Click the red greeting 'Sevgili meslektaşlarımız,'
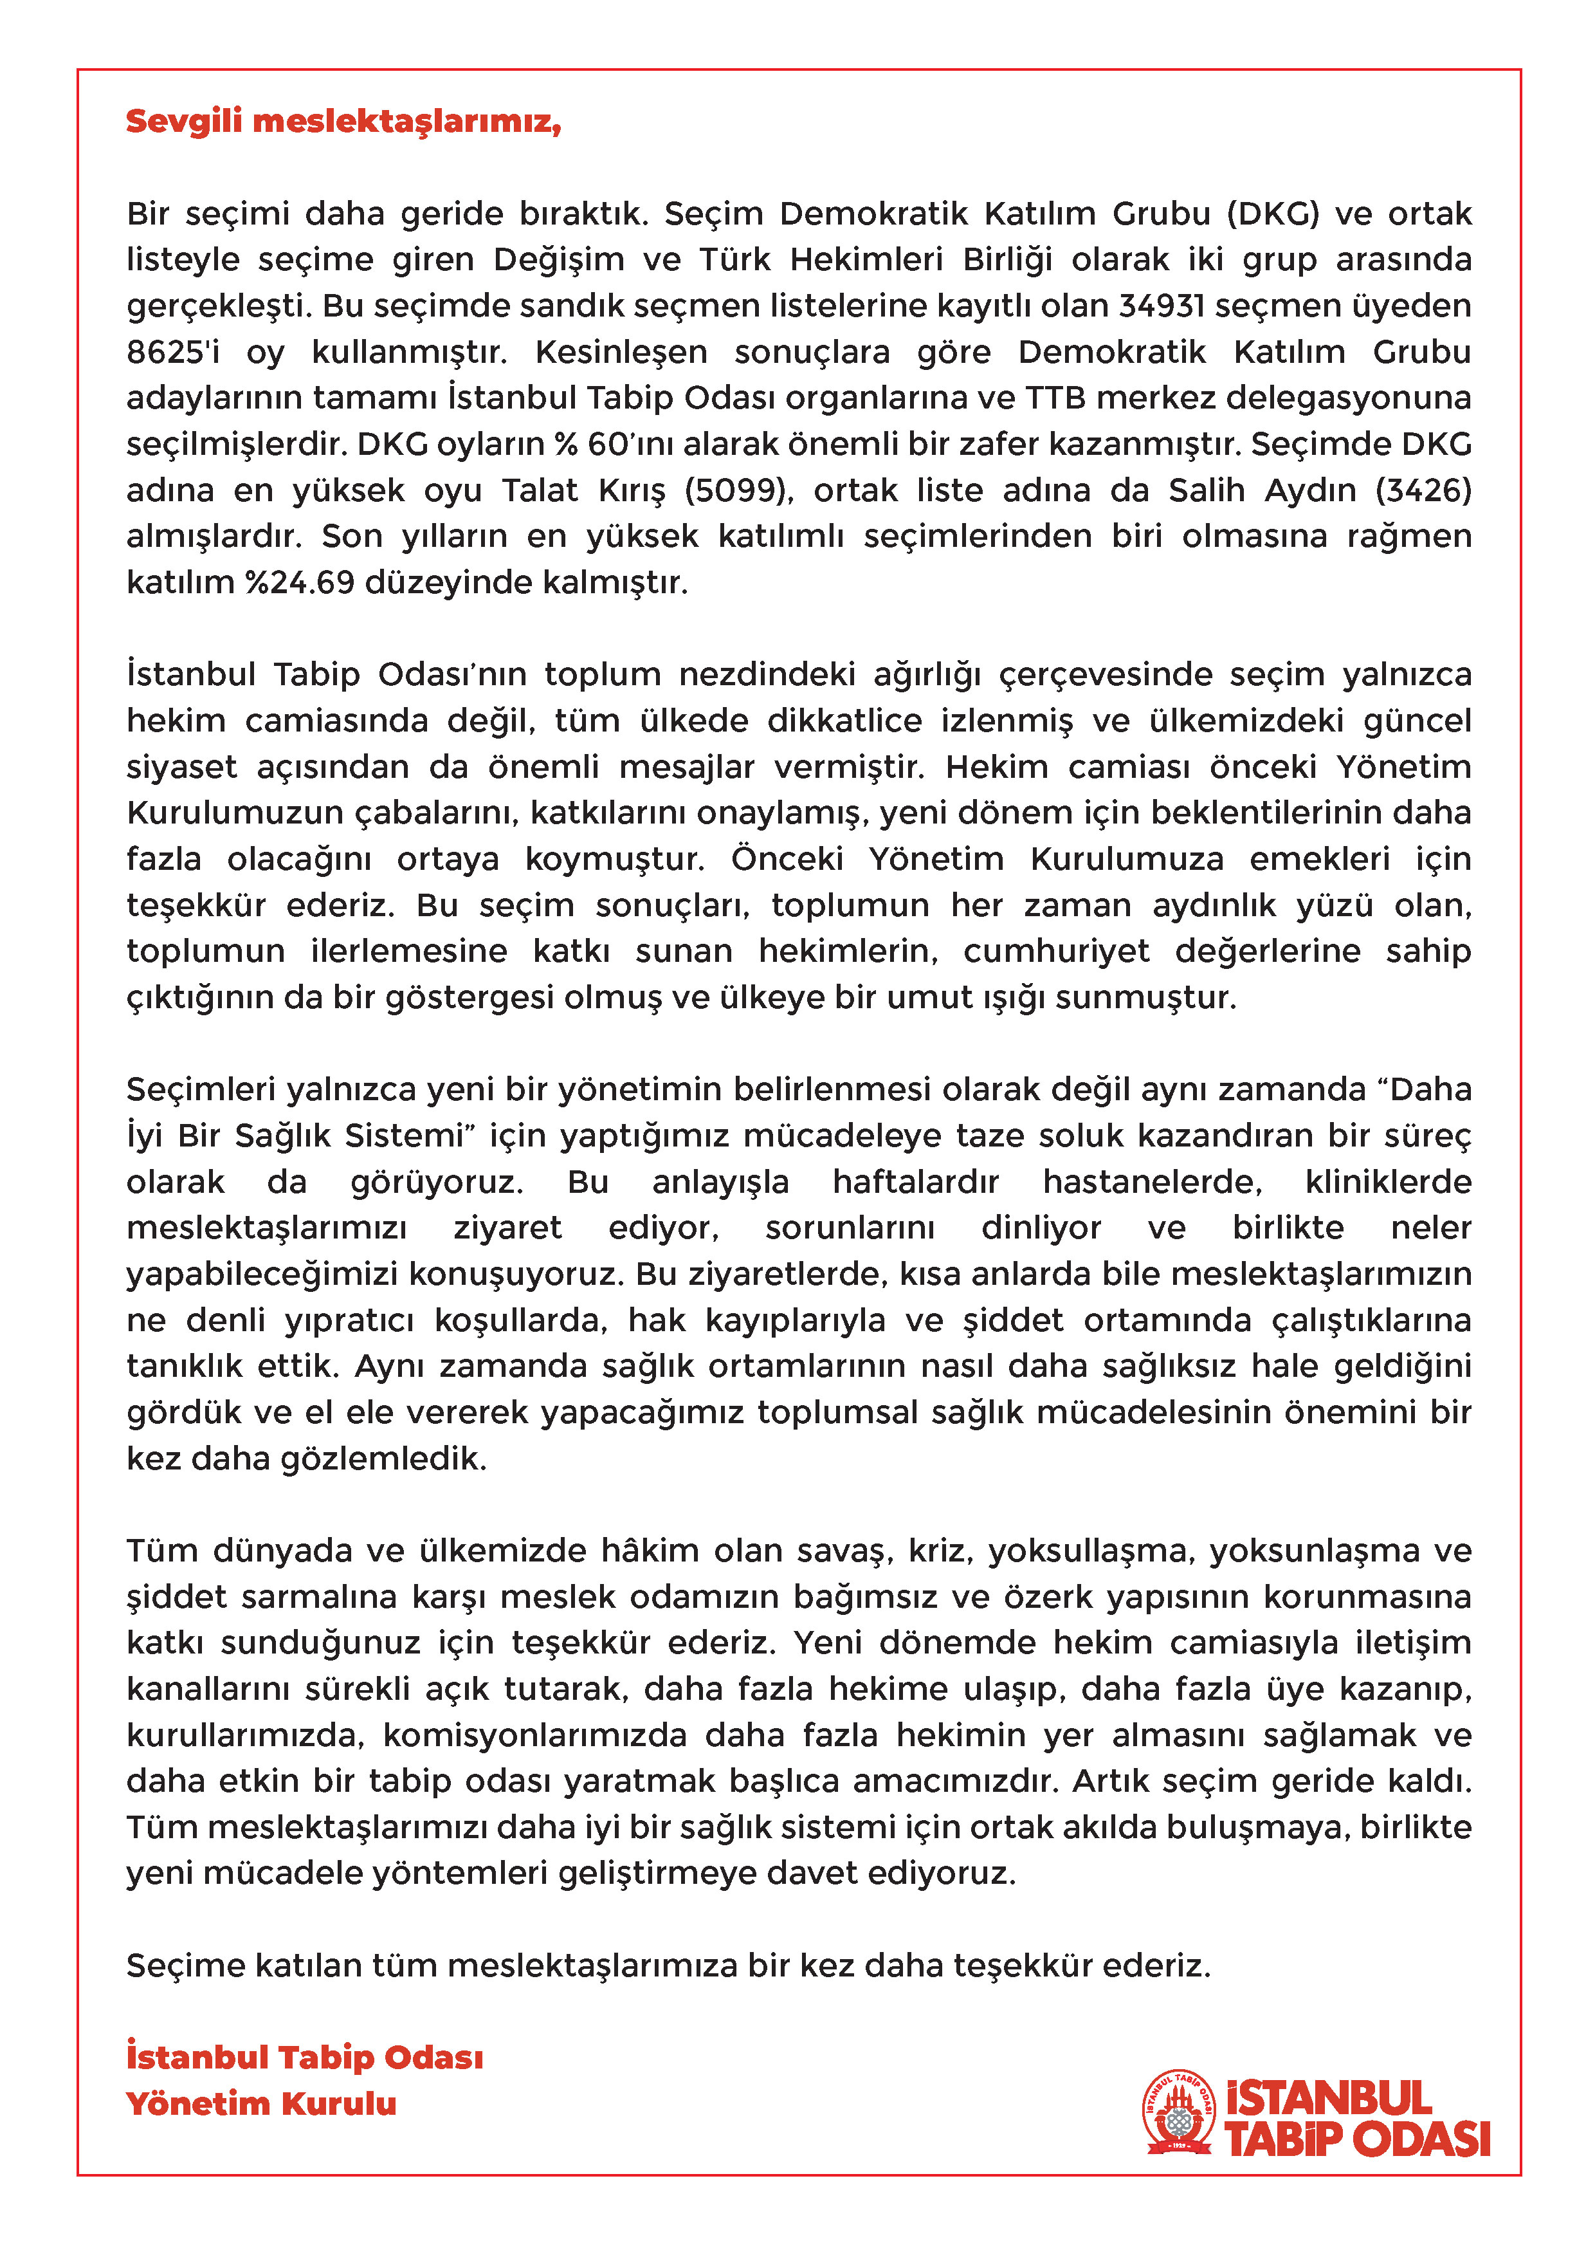(x=343, y=121)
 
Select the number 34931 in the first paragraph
(x=1161, y=306)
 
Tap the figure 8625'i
(x=173, y=352)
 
